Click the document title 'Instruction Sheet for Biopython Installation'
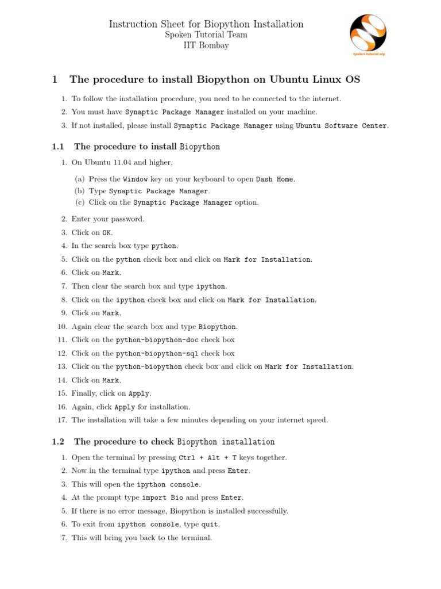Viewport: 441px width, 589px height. [206, 24]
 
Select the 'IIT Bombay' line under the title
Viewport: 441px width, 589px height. [206, 45]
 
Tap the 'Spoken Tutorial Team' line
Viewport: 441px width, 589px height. [206, 35]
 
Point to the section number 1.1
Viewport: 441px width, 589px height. [57, 147]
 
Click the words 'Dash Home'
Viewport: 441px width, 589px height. [274, 179]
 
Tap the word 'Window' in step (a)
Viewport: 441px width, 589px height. [136, 179]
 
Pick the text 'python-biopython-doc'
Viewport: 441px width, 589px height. [157, 340]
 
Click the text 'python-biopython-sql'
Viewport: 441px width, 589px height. [157, 353]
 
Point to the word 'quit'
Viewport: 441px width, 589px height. [210, 525]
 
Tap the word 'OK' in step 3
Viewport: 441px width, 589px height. [107, 233]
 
